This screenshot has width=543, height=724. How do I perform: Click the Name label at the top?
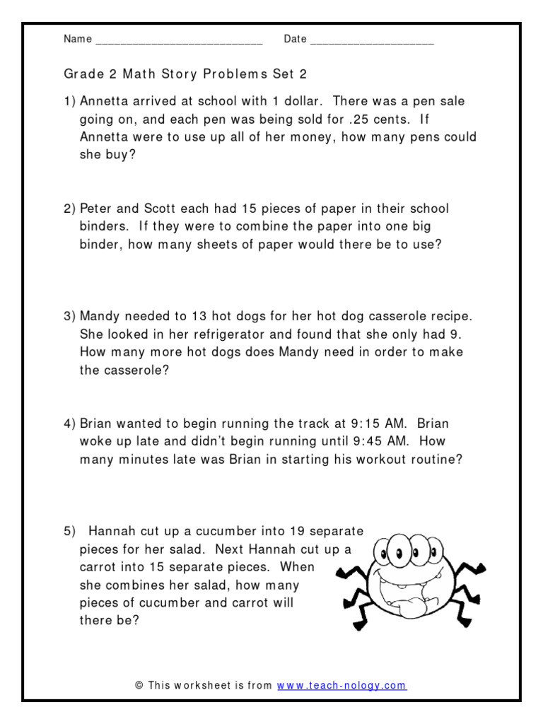(x=77, y=39)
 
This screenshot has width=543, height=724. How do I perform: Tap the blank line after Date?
(x=372, y=41)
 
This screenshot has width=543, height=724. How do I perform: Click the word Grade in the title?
(x=81, y=74)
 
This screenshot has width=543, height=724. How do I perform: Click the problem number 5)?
(x=69, y=531)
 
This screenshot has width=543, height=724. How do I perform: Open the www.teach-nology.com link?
(x=341, y=685)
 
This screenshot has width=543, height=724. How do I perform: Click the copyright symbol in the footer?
(x=139, y=685)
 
